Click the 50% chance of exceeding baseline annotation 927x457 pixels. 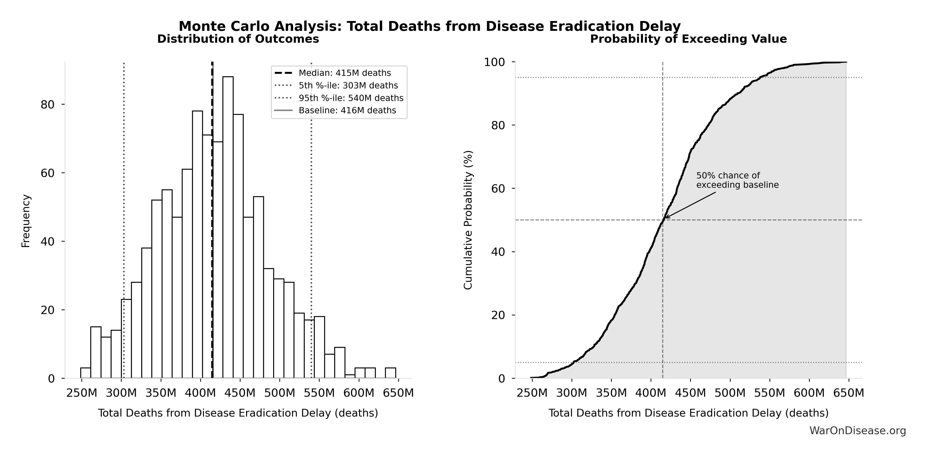[x=737, y=180]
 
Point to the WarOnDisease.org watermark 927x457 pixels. [x=858, y=431]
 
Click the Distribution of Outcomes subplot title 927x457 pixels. [x=238, y=39]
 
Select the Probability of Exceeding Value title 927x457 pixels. [x=688, y=39]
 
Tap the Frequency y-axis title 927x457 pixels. [x=26, y=221]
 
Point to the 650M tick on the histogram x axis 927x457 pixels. [x=398, y=393]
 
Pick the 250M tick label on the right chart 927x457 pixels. [x=532, y=393]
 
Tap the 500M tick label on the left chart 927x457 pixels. [x=279, y=393]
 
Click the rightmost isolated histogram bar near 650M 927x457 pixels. [x=390, y=373]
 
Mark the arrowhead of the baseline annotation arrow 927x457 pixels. [x=665, y=217]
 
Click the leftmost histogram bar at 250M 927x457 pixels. [x=85, y=373]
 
